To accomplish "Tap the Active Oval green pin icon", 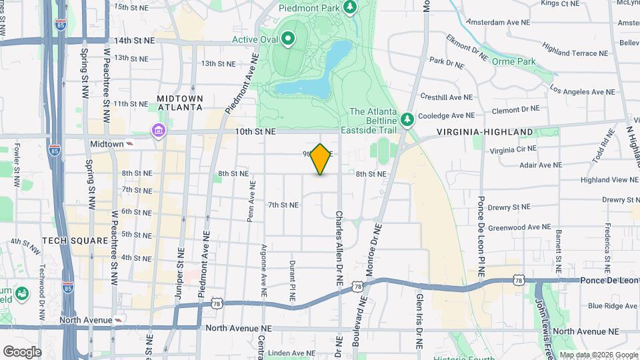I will (288, 39).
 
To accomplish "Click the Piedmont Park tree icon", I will (350, 7).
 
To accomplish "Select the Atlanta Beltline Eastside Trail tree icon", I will (407, 119).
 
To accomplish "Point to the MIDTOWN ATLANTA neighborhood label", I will (180, 103).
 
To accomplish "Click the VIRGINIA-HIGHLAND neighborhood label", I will (485, 133).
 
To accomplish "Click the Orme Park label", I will (514, 61).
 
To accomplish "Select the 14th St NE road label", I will (134, 41).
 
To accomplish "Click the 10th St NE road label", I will (255, 132).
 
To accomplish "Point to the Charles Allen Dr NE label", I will (339, 249).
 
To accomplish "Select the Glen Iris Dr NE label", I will (419, 313).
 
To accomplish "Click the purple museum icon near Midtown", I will (159, 129).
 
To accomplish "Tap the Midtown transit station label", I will (107, 144).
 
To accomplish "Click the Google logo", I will (22, 352).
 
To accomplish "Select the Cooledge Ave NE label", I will (446, 115).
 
